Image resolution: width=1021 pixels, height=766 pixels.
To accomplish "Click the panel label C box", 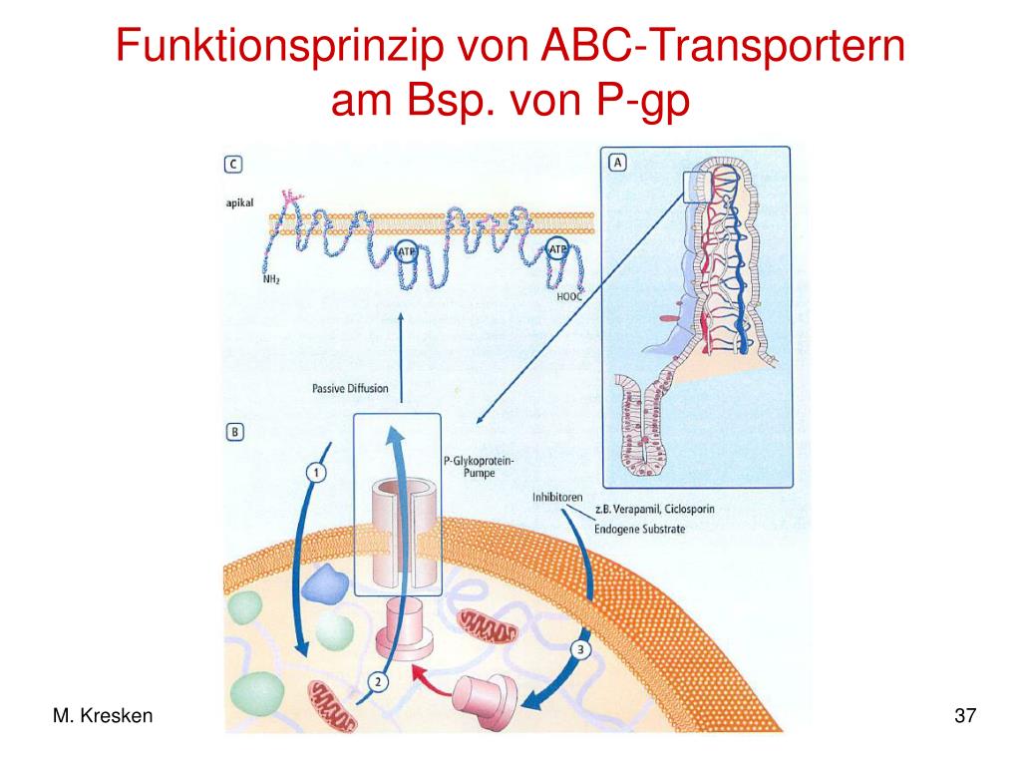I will point(232,163).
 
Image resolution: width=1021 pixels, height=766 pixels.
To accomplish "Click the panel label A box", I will point(618,162).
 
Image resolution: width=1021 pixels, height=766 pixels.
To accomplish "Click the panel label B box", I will point(233,432).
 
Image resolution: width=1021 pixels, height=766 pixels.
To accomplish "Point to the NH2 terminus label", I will point(271,279).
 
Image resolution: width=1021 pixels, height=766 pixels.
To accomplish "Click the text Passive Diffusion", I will point(350,388).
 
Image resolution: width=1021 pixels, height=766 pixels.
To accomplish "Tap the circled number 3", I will point(582,651).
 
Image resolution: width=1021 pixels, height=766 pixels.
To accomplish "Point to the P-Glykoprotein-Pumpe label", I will point(471,467).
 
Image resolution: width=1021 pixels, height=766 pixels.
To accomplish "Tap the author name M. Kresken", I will point(103,715).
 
